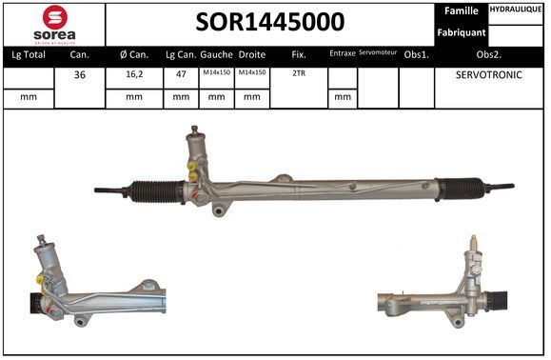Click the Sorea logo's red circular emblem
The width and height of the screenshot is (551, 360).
55,17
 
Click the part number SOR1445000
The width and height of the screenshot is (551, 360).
270,22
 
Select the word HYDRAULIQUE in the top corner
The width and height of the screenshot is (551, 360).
516,10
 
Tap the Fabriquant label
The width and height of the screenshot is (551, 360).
461,32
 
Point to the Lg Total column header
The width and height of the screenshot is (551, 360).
29,55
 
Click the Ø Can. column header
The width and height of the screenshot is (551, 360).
134,55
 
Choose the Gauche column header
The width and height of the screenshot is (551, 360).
216,55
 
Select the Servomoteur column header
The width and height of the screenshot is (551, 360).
378,52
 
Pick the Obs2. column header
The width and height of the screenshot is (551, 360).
489,55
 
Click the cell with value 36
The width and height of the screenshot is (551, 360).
80,75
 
